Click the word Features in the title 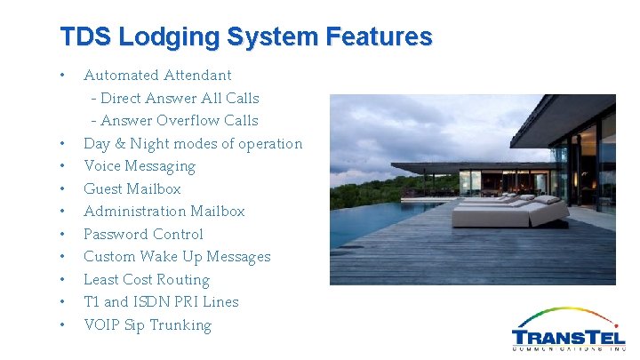pyautogui.click(x=379, y=37)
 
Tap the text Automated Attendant pyautogui.click(x=157, y=76)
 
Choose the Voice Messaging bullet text pyautogui.click(x=140, y=166)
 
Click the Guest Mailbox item pyautogui.click(x=132, y=189)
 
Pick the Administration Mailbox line pyautogui.click(x=164, y=212)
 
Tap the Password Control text pyautogui.click(x=143, y=235)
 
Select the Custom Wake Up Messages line pyautogui.click(x=177, y=257)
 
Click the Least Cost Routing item pyautogui.click(x=147, y=280)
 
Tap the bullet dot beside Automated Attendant pyautogui.click(x=61, y=75)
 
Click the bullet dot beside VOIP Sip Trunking pyautogui.click(x=61, y=324)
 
